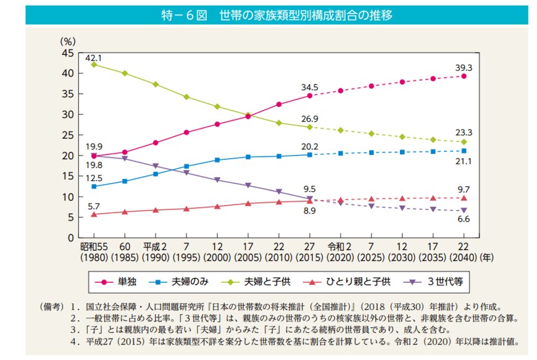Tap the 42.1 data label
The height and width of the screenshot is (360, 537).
coord(93,57)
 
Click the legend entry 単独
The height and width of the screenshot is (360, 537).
coord(127,282)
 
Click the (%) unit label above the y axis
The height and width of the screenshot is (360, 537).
coord(67,41)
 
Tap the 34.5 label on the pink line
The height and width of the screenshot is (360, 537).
coord(309,87)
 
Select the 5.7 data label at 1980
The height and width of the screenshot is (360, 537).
coord(93,206)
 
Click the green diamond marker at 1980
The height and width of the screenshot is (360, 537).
coord(93,65)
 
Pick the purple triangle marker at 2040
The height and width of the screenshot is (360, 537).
coord(464,211)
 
